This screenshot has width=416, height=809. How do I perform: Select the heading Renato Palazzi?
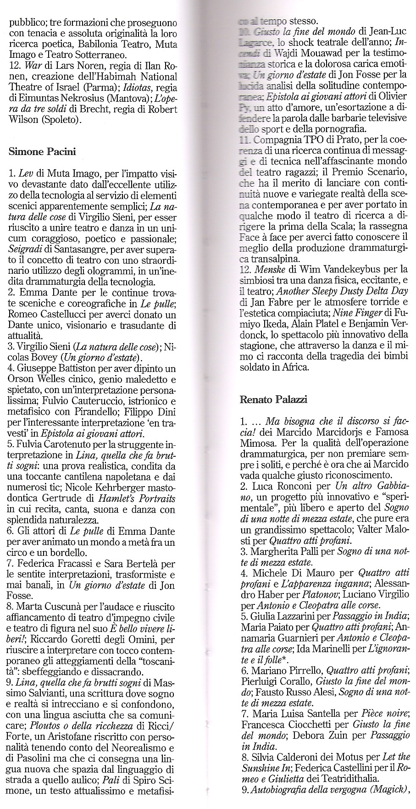(x=273, y=399)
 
